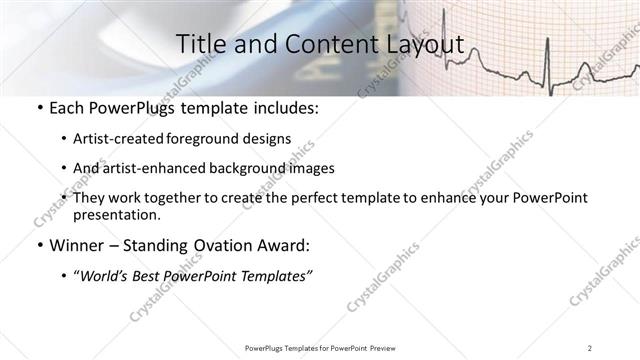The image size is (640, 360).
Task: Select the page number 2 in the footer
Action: click(590, 348)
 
